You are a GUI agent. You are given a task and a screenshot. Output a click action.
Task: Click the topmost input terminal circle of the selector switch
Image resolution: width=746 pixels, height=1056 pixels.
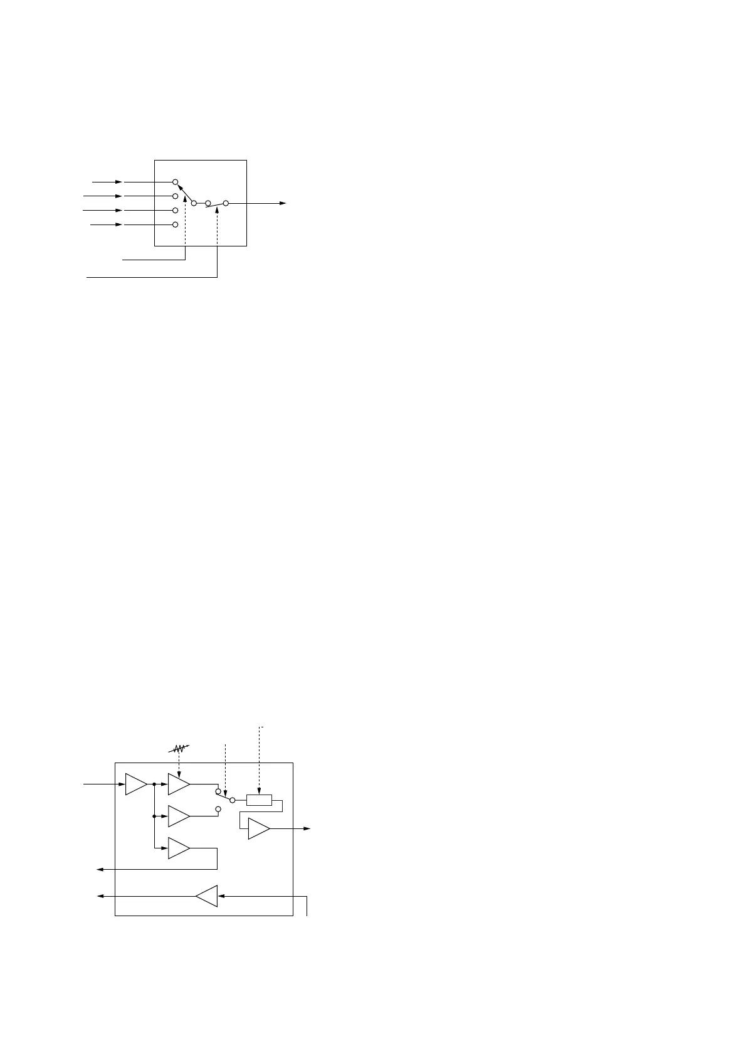176,182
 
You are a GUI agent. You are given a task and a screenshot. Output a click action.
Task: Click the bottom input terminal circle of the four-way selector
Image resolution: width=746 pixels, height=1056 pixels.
176,224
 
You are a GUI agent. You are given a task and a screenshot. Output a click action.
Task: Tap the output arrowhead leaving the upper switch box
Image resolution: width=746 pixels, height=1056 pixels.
283,203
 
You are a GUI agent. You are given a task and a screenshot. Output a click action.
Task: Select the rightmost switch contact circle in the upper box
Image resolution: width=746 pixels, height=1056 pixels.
226,203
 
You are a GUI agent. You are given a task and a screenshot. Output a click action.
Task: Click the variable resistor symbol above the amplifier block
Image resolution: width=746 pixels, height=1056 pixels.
180,749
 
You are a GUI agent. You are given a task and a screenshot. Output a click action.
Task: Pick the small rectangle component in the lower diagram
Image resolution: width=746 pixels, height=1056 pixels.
259,800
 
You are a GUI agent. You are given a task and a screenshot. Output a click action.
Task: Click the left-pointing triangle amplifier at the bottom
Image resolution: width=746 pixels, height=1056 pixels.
207,896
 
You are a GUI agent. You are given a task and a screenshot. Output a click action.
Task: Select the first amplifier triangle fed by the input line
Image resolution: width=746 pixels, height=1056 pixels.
136,784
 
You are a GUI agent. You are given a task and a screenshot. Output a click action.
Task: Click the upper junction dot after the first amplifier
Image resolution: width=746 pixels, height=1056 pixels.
154,784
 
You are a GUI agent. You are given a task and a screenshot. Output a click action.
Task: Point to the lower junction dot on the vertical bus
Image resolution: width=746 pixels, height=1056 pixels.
154,816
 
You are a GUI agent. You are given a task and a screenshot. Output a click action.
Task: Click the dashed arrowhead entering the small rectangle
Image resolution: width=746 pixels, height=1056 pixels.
259,791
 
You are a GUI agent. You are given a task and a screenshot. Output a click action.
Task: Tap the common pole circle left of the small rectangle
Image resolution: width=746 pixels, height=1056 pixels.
233,800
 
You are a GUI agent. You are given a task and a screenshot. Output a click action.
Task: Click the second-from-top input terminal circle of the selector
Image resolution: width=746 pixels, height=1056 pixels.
176,196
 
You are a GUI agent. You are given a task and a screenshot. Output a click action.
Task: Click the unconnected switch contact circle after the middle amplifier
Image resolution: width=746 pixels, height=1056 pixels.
218,810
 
